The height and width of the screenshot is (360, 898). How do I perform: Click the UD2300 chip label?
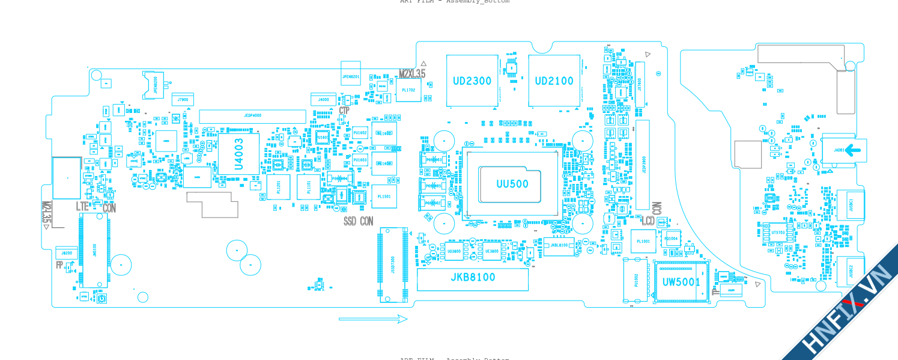(472, 81)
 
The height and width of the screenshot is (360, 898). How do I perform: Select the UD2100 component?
(554, 81)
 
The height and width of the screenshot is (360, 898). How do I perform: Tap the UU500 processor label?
(512, 184)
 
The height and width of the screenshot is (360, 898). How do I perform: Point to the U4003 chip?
(238, 154)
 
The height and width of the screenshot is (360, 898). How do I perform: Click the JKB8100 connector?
(473, 278)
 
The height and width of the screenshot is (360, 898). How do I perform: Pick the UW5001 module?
(681, 282)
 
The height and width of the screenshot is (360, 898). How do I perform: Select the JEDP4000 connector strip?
(252, 116)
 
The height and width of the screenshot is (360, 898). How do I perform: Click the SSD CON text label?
(358, 222)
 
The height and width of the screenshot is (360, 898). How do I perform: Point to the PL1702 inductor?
(408, 90)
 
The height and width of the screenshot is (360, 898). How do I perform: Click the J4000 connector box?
(323, 99)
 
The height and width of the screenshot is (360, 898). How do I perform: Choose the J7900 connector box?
(183, 100)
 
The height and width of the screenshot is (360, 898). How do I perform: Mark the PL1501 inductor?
(384, 197)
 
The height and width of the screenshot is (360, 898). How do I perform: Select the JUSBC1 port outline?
(851, 204)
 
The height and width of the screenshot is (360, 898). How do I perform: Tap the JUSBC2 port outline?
(851, 270)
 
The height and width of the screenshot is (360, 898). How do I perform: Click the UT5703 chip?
(778, 233)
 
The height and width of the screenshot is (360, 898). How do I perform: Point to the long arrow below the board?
(373, 319)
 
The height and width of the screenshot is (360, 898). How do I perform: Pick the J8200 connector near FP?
(66, 253)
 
